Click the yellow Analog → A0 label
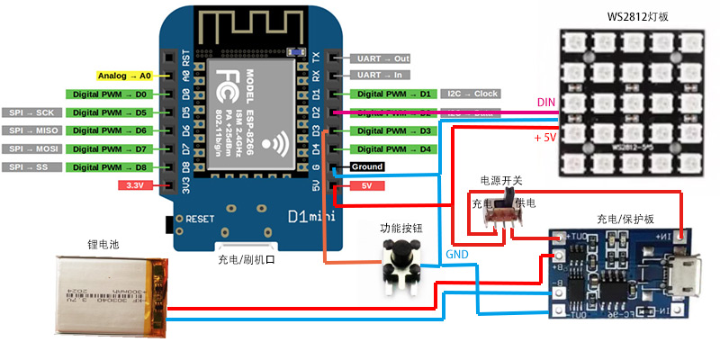(124, 76)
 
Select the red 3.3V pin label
(136, 186)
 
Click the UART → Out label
(383, 58)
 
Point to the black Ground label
(367, 167)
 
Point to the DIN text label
(546, 103)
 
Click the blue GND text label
(457, 255)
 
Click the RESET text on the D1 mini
(200, 219)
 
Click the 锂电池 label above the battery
(103, 244)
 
